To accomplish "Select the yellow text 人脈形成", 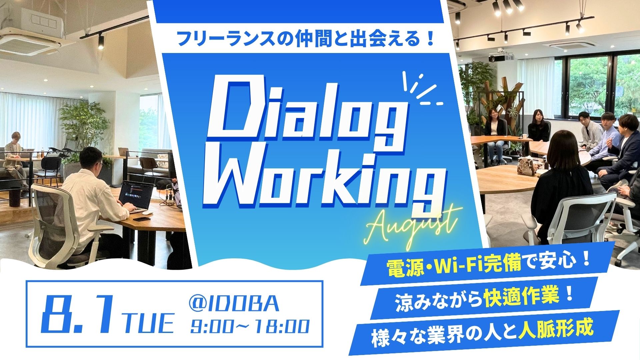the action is [556, 328].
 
